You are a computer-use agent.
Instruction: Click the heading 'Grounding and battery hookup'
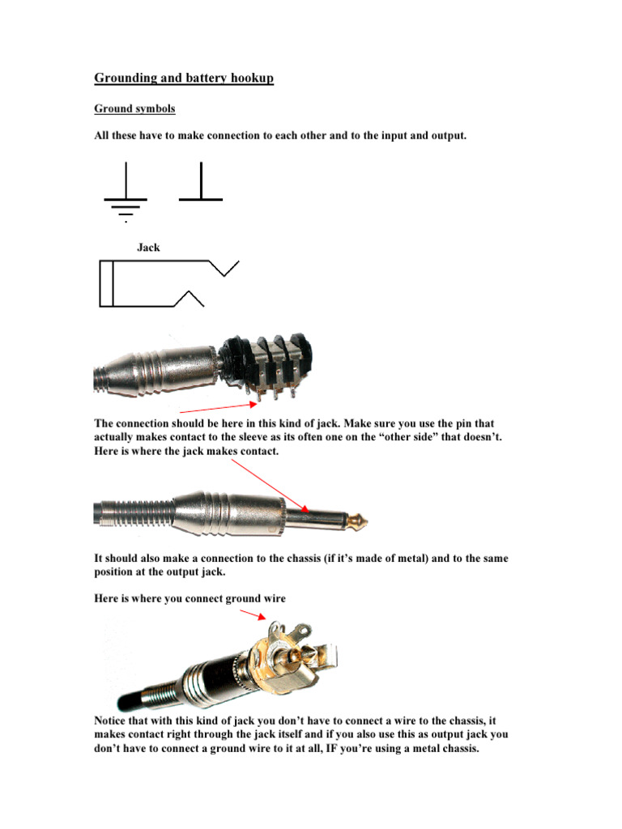click(x=184, y=79)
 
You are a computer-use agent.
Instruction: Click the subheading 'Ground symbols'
click(x=134, y=108)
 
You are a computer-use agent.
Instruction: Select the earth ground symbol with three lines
click(x=126, y=193)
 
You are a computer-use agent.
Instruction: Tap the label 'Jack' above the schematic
click(x=148, y=248)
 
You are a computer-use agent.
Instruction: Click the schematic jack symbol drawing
click(x=162, y=283)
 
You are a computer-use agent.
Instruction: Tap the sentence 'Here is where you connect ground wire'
click(x=190, y=598)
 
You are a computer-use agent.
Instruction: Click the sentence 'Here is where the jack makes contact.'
click(x=186, y=451)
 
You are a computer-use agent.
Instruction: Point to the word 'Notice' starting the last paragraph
click(x=113, y=720)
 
